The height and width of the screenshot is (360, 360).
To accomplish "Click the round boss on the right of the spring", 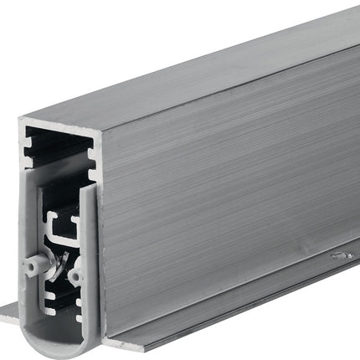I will click(76, 273).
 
